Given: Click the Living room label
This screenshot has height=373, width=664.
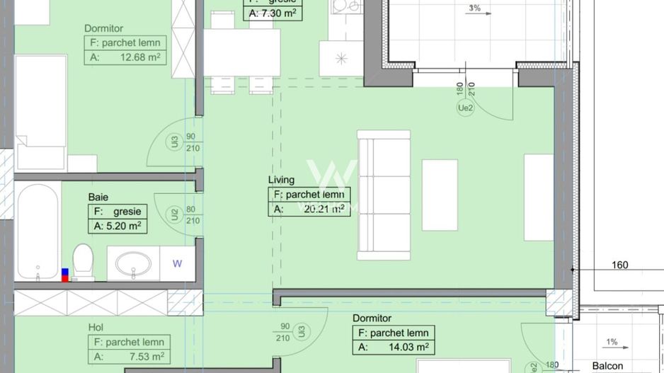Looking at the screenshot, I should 281,180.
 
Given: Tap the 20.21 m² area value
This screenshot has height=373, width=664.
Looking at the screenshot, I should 319,209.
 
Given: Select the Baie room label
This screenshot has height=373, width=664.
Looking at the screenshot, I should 98,197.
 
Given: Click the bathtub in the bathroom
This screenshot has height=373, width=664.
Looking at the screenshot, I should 38,231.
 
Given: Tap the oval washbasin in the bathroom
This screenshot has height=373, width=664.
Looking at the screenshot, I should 132,265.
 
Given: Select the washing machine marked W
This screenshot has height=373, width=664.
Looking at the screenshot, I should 177,263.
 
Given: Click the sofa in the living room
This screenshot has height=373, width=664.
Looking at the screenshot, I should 383,194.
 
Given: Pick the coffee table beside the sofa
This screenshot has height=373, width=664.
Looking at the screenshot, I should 440,195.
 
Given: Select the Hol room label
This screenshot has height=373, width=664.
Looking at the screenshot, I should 96,327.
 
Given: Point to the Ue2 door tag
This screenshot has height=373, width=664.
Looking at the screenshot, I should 464,108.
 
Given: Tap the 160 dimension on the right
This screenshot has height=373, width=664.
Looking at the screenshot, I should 620,265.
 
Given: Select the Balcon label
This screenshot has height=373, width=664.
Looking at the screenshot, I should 608,366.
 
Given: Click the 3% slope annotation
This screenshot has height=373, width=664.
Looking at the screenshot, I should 474,8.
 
